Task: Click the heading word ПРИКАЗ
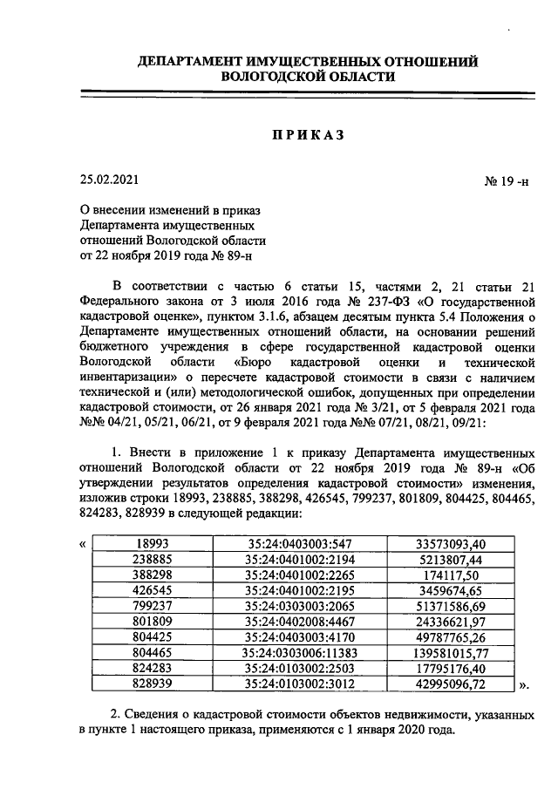coord(305,135)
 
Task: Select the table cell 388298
coord(153,575)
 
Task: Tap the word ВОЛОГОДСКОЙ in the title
coord(274,77)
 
